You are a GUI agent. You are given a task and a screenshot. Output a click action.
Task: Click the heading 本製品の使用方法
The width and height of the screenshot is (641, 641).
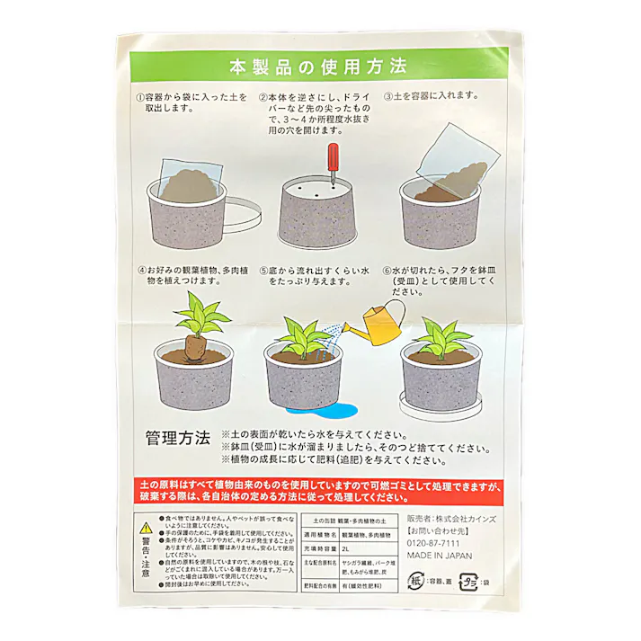click(318, 67)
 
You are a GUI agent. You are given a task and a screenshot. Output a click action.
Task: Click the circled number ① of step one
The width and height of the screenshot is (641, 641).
click(139, 95)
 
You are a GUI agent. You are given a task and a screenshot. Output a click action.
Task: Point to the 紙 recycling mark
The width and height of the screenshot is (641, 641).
click(419, 580)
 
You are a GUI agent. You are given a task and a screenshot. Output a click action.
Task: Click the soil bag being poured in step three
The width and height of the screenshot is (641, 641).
click(458, 166)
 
